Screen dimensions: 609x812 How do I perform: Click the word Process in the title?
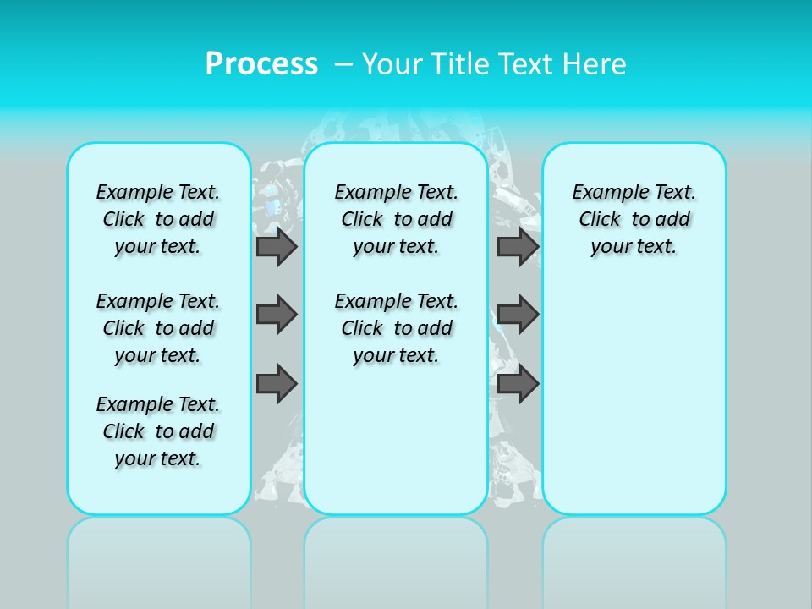(x=261, y=63)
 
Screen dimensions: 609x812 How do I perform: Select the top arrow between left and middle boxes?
(x=277, y=246)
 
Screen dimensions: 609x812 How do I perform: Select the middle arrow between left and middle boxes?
(x=277, y=315)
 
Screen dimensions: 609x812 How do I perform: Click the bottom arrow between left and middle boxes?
(x=277, y=383)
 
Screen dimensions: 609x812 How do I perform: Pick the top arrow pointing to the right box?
(x=518, y=246)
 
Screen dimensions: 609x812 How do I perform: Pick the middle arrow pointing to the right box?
(x=518, y=315)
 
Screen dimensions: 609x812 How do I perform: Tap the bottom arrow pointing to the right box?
(x=518, y=383)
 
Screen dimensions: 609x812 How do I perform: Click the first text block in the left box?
(x=158, y=219)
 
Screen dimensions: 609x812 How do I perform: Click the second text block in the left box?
(x=158, y=328)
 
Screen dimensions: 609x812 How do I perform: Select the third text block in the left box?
(x=158, y=431)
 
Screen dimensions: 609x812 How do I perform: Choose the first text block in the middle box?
(x=397, y=219)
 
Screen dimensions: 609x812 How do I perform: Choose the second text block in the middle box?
(x=397, y=328)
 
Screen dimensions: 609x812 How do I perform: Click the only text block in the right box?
(x=634, y=219)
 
